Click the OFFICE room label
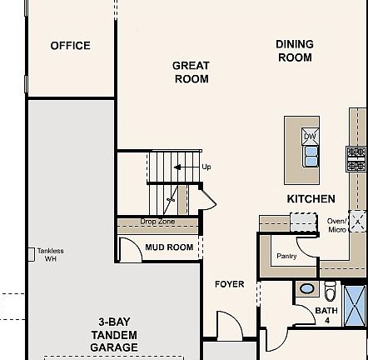(x=70, y=46)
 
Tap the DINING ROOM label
(x=295, y=51)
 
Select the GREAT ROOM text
(x=191, y=72)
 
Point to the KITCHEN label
(x=311, y=199)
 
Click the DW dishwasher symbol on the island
(x=310, y=137)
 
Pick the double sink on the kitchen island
(x=310, y=155)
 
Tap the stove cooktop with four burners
(x=356, y=158)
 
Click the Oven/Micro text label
(x=336, y=225)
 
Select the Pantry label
(x=286, y=257)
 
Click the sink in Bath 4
(x=307, y=289)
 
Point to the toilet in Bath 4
(x=330, y=292)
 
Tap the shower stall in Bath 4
(x=354, y=305)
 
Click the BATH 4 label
(x=326, y=315)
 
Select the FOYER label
(x=230, y=284)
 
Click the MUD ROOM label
(x=169, y=247)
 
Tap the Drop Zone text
(x=157, y=222)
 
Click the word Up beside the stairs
(x=206, y=167)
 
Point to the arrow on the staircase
(x=182, y=167)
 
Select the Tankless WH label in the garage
(x=50, y=254)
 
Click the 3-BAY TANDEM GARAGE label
(x=114, y=334)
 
